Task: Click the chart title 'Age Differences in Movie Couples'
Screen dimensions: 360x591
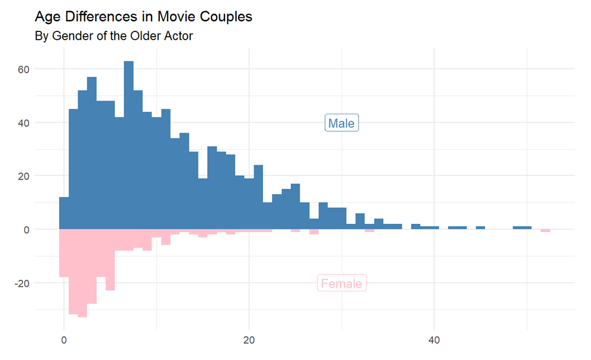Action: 143,17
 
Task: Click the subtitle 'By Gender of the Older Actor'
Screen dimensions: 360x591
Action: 114,36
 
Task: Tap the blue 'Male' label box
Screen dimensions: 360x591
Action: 341,123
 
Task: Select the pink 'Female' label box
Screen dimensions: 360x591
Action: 341,284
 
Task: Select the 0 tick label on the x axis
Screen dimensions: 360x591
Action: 64,341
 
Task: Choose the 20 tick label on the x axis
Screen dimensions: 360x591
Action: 249,341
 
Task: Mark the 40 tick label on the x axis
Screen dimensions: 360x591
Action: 435,341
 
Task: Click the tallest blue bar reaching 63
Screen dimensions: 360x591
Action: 129,145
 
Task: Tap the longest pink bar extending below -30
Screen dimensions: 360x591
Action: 83,273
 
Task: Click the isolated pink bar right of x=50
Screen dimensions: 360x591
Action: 545,230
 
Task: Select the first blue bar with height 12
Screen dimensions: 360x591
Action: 64,213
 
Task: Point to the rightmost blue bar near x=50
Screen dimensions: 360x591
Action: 522,228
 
